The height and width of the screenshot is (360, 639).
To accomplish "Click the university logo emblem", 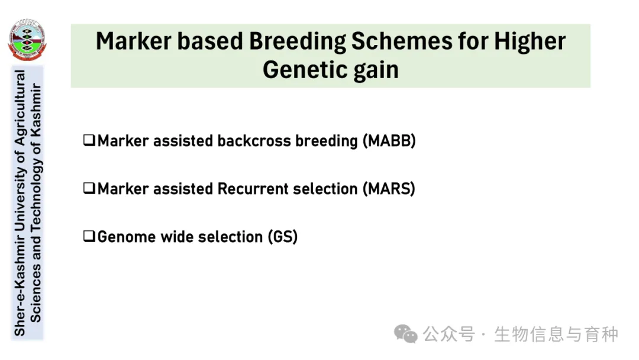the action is [27, 40].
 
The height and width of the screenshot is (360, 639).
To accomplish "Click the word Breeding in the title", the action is [297, 42].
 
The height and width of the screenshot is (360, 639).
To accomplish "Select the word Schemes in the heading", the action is [401, 41].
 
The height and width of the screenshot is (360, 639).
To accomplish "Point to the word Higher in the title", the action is [530, 42].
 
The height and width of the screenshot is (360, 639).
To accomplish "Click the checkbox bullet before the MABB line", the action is [89, 140].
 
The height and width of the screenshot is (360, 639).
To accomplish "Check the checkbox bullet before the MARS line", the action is [89, 188].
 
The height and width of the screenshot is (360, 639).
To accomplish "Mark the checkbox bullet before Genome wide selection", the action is [89, 236].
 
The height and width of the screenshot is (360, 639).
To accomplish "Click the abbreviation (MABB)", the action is [389, 141].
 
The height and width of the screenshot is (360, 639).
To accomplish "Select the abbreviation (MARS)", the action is [389, 189].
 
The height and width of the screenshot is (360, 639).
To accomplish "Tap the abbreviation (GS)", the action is [283, 237].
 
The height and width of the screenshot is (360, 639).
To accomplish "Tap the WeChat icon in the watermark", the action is [405, 334].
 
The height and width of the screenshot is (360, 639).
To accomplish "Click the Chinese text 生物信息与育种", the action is [556, 335].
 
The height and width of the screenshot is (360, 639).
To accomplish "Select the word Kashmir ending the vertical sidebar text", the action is [36, 111].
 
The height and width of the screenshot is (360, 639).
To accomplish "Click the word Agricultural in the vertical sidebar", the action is [20, 108].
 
